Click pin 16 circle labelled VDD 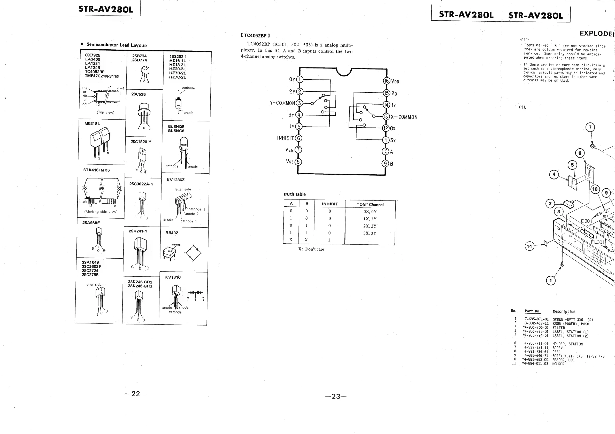(x=387, y=81)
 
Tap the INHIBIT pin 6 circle (x=298, y=138)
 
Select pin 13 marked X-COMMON (x=386, y=117)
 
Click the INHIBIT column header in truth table (x=330, y=204)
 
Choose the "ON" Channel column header (x=370, y=205)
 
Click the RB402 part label (x=172, y=233)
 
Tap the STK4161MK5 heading (x=96, y=170)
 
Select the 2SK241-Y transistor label (x=138, y=231)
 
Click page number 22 (x=136, y=394)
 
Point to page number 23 (x=336, y=397)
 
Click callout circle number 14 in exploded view (x=529, y=246)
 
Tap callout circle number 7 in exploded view (x=590, y=127)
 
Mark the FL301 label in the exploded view (x=598, y=242)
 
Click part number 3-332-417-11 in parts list (x=536, y=323)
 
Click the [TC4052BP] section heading (x=255, y=35)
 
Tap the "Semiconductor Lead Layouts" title (x=117, y=45)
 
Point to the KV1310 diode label (x=173, y=277)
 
